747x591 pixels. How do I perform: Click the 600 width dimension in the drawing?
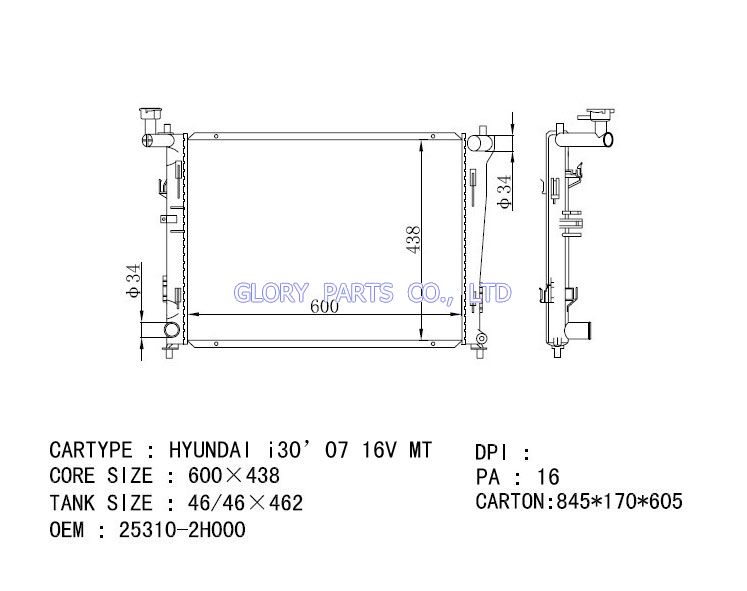[x=324, y=306]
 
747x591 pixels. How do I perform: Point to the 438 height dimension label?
[x=413, y=240]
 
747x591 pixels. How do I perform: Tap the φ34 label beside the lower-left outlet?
[x=134, y=280]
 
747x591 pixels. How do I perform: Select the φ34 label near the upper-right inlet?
[x=504, y=192]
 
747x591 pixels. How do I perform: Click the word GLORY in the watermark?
[x=271, y=292]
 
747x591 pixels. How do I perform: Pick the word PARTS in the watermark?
[x=358, y=292]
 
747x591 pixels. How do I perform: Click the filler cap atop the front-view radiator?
[x=151, y=114]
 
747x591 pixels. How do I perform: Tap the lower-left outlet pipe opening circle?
[x=172, y=330]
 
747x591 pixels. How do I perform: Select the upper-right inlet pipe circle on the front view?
[x=475, y=143]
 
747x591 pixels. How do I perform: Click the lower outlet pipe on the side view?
[x=578, y=330]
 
